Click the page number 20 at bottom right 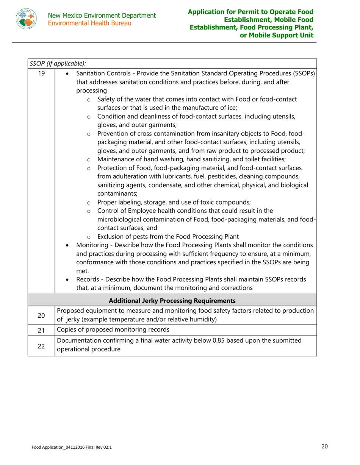pos(324,446)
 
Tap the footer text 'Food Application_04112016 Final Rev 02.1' pos(72,447)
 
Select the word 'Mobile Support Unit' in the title pos(280,35)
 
